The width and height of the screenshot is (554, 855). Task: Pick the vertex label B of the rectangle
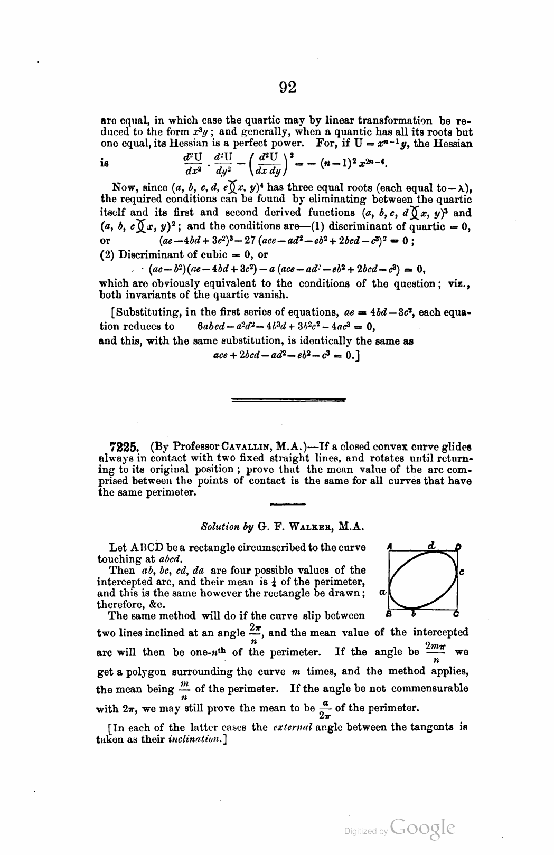click(x=389, y=614)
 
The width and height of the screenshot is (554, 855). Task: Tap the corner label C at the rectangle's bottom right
click(x=456, y=614)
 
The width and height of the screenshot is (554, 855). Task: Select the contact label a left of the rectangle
click(x=382, y=592)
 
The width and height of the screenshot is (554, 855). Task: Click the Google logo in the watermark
click(x=421, y=829)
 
